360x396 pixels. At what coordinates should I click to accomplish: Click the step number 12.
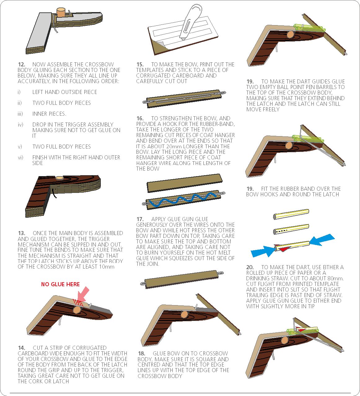pos(21,65)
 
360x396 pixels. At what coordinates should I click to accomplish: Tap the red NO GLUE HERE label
pos(60,284)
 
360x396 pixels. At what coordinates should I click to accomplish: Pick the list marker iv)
pos(20,125)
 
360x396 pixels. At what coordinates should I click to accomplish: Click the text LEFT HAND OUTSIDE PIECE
pos(64,92)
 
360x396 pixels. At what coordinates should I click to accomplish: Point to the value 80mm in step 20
pos(335,278)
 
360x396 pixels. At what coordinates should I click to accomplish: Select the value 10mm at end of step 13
pos(106,267)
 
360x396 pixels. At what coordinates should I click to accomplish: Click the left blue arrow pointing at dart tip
pos(262,251)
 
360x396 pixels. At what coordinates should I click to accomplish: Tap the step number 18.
pos(141,354)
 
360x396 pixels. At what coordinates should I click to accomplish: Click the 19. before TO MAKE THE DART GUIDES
pos(250,82)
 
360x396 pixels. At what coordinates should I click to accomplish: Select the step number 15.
pos(140,65)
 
